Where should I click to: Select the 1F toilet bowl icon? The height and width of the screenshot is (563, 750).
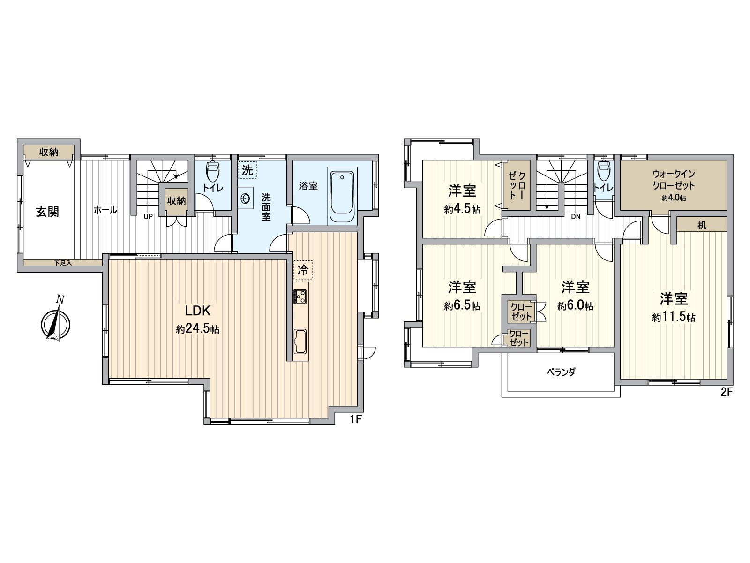[x=213, y=171]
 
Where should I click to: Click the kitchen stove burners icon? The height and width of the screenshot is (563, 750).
[x=300, y=297]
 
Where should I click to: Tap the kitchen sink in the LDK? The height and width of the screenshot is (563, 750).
[x=300, y=341]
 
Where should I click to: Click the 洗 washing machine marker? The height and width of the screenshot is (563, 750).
[x=247, y=170]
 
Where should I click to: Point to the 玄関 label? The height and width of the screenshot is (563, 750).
[x=48, y=212]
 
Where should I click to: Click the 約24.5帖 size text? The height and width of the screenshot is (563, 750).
[x=198, y=329]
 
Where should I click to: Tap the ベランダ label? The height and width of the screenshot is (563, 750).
[x=561, y=372]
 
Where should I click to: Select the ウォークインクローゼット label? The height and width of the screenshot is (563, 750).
[x=674, y=180]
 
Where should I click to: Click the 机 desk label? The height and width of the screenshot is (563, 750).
[x=702, y=226]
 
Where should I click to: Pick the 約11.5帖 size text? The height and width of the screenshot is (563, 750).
[x=674, y=318]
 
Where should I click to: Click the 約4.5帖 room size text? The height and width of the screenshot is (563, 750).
[x=462, y=209]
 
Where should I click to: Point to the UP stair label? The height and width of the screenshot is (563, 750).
[x=148, y=216]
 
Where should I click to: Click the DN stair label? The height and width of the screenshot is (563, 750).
[x=577, y=217]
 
